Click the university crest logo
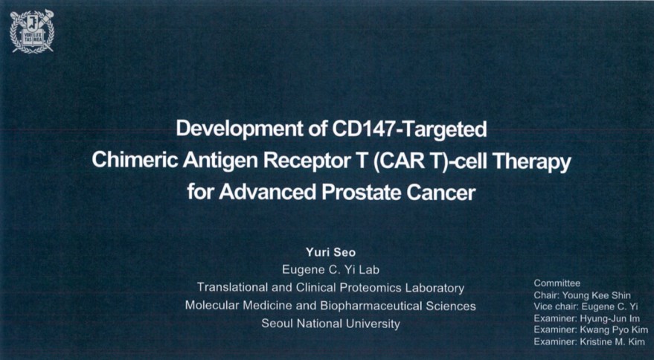tap(32, 32)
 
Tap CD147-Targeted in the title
tap(409, 129)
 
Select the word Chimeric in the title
tap(135, 160)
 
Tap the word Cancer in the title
tap(441, 193)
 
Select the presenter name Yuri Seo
tap(330, 252)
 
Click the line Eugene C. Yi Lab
tap(330, 270)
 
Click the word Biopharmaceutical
tap(371, 306)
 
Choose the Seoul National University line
tap(330, 324)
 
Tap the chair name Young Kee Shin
tap(597, 295)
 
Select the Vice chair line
tap(586, 306)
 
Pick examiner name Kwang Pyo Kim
tap(614, 330)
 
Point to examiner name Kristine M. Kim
tap(612, 341)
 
